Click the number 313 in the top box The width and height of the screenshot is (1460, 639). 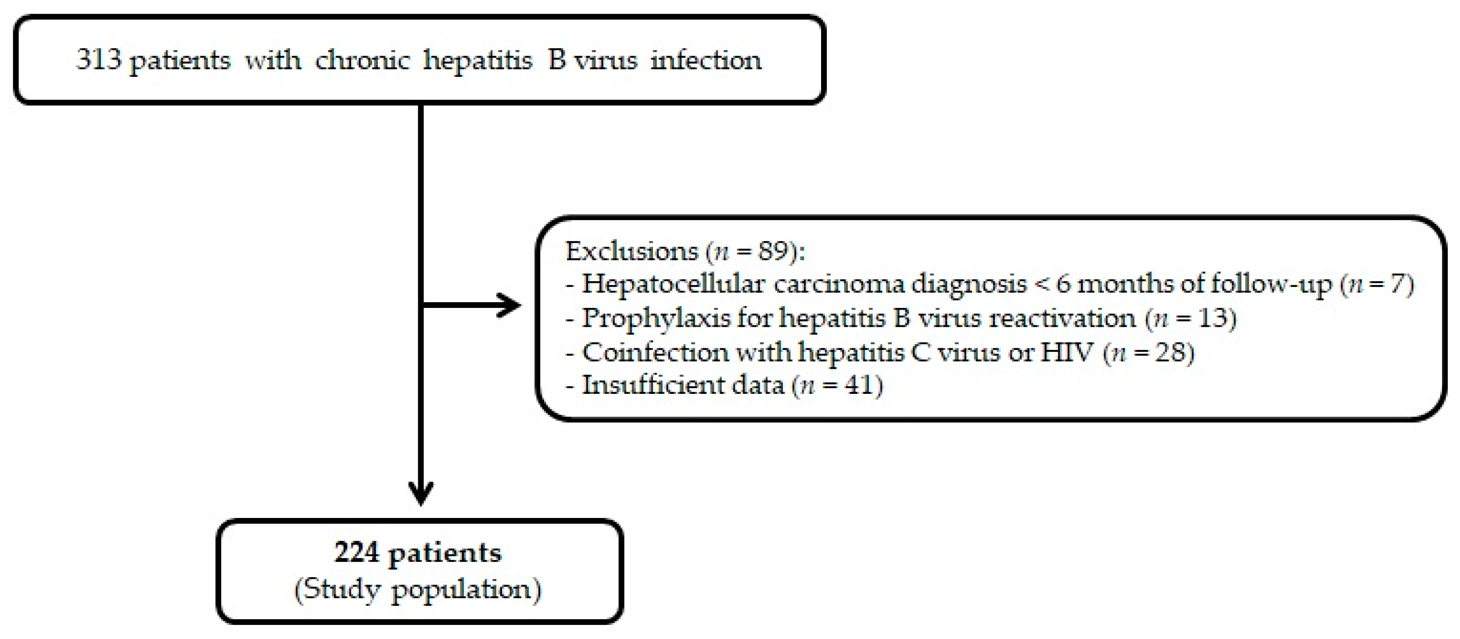pyautogui.click(x=99, y=60)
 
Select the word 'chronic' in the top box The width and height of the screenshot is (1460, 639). pyautogui.click(x=362, y=60)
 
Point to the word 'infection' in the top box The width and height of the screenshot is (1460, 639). pyautogui.click(x=706, y=60)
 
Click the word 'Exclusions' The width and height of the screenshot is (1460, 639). pyautogui.click(x=631, y=251)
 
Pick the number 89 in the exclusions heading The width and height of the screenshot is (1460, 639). pyautogui.click(x=773, y=251)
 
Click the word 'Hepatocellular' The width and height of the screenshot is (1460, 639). pyautogui.click(x=673, y=284)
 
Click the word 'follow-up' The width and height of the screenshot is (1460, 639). pyautogui.click(x=1271, y=284)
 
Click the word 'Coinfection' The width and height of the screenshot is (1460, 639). pyautogui.click(x=655, y=352)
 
